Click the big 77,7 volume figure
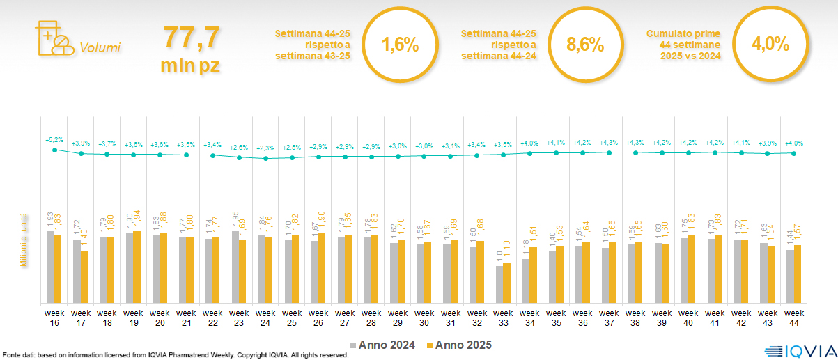[x=191, y=38]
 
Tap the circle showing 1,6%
[x=400, y=45]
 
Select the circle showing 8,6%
[x=584, y=45]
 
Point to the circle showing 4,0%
[x=770, y=45]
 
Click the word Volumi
[x=100, y=48]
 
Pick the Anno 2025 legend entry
[x=459, y=345]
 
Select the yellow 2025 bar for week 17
[x=84, y=277]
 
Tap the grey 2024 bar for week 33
[x=499, y=284]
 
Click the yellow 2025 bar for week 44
[x=798, y=274]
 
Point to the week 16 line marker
[x=54, y=148]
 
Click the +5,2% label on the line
[x=54, y=139]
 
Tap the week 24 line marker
[x=266, y=158]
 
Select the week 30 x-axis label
[x=425, y=317]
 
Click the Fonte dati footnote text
[x=174, y=355]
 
